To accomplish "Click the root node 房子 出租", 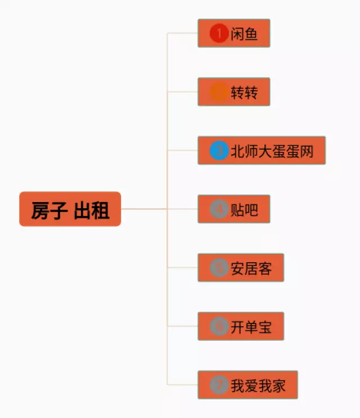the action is click(x=70, y=209).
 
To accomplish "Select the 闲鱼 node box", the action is click(x=234, y=33).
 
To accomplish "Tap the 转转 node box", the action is click(x=234, y=92).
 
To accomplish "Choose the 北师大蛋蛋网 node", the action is click(x=262, y=150).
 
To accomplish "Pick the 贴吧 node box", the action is click(x=234, y=209).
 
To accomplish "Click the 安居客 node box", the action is click(x=241, y=267).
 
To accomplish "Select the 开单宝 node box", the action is click(x=241, y=326).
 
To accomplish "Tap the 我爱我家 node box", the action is click(x=247, y=385).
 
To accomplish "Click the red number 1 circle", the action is click(x=218, y=33).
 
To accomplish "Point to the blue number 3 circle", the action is click(x=218, y=150).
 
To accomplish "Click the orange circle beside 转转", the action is click(x=218, y=92).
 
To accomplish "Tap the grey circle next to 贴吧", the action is click(x=218, y=209).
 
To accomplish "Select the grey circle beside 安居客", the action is click(x=218, y=268).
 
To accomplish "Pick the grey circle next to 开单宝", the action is click(x=218, y=326).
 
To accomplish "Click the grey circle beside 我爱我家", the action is click(x=218, y=385).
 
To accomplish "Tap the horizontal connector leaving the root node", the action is click(x=143, y=209).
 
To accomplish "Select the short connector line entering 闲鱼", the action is click(x=183, y=33).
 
